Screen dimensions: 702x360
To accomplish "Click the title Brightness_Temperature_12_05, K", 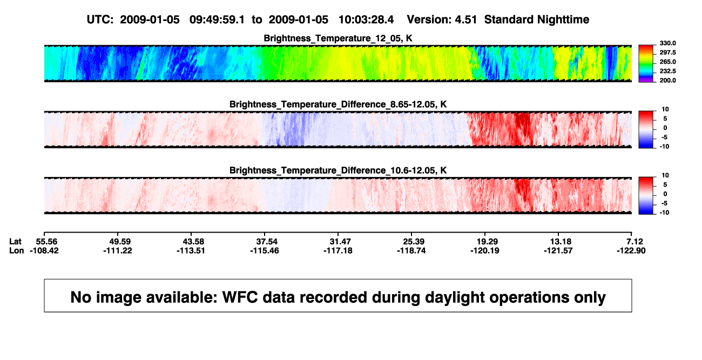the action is point(338,38).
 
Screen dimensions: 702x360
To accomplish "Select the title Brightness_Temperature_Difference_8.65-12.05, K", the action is point(338,104).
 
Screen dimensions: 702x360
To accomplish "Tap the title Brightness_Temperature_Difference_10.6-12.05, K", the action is point(338,171).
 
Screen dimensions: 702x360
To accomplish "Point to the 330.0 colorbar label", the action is point(667,43).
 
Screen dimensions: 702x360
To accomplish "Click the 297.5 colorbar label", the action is point(667,53).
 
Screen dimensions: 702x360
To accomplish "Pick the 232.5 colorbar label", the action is point(667,71).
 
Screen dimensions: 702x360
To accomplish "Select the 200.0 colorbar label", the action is point(667,80).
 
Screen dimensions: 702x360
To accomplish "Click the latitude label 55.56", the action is point(46,242).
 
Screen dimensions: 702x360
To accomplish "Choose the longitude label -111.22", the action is point(118,250).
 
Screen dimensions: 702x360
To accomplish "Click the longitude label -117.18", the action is point(338,250).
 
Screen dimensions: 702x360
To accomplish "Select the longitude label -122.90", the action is point(631,250).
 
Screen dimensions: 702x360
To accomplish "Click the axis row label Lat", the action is point(15,242).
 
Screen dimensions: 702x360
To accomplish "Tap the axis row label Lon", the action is point(17,250).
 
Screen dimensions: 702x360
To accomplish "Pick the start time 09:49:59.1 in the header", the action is point(217,20).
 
